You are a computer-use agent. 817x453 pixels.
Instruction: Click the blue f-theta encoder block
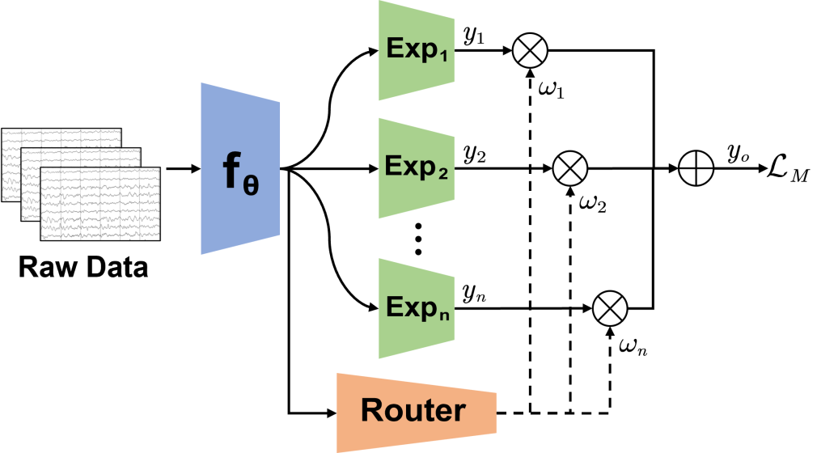pos(240,171)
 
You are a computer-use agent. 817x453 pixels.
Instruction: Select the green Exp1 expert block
pos(416,50)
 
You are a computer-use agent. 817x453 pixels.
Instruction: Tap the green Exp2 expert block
pos(416,170)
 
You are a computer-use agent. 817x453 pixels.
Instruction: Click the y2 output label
pos(474,155)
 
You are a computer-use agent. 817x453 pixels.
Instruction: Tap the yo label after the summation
pos(734,154)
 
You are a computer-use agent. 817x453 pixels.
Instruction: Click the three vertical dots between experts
pos(418,237)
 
